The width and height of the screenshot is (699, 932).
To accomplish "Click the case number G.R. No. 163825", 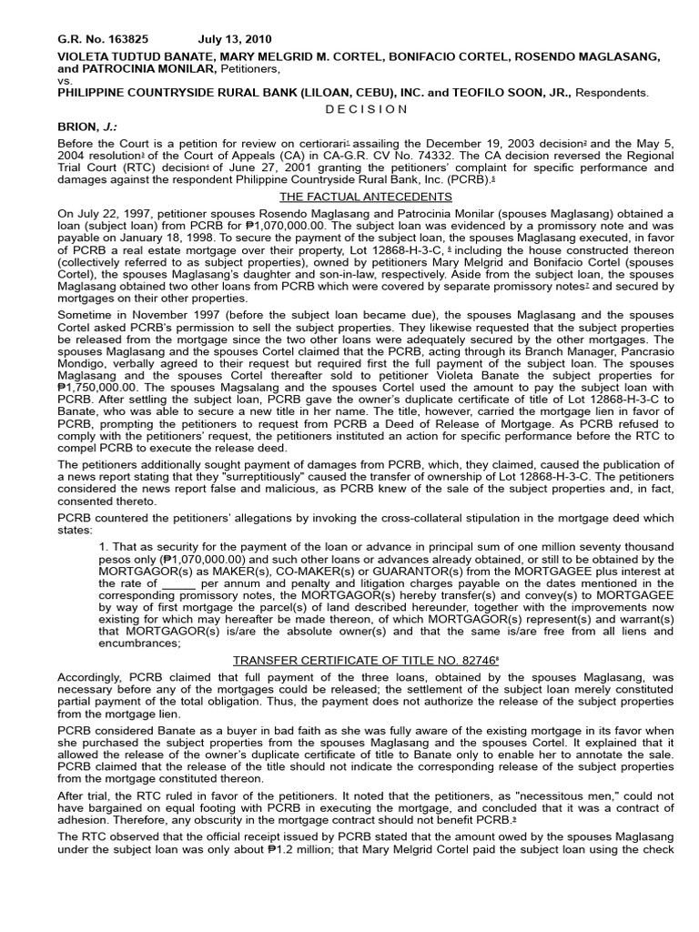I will click(x=102, y=40).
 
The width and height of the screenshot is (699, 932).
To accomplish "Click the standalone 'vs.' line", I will click(x=64, y=80).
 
